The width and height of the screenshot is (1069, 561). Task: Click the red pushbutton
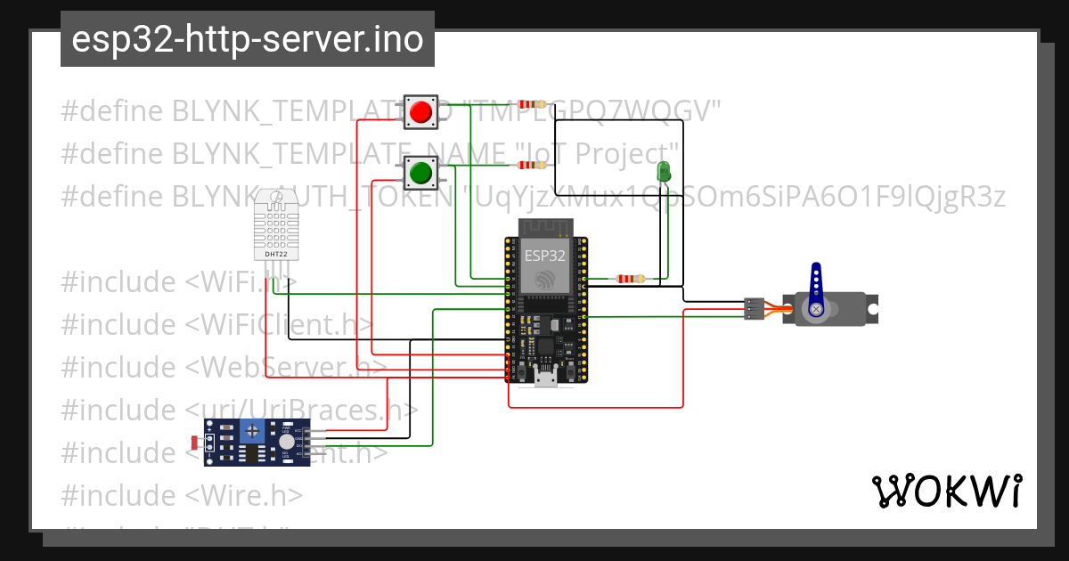click(420, 112)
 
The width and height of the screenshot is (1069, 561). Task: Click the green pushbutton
click(420, 171)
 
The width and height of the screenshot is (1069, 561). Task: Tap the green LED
click(663, 172)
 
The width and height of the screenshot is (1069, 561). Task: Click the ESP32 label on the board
click(544, 255)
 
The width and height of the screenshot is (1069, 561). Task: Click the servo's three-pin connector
click(754, 308)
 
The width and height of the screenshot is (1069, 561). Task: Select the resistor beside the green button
click(532, 165)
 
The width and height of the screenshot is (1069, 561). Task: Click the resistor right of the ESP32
click(631, 279)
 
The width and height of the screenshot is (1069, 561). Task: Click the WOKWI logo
click(946, 491)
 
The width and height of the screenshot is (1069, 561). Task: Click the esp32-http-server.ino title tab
click(248, 39)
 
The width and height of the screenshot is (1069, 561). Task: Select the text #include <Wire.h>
click(182, 494)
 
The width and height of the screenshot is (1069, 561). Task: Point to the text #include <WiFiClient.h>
click(216, 324)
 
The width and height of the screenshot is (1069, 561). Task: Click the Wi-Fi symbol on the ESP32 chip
click(544, 279)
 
